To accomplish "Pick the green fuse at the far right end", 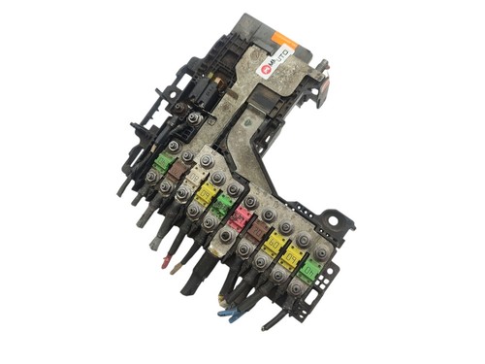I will (x=309, y=268).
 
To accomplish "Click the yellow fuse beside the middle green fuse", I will (x=206, y=193).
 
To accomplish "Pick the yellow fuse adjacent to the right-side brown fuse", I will (x=274, y=243).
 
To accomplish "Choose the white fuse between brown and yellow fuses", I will (x=192, y=180).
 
